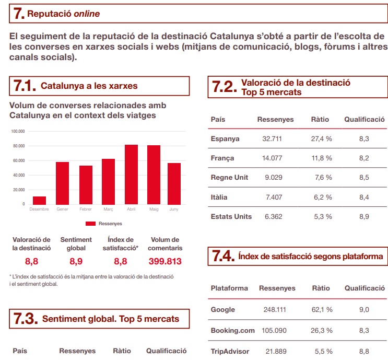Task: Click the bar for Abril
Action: [131, 174]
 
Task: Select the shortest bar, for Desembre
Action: [39, 200]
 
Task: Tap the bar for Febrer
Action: [86, 184]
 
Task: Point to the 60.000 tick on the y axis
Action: [18, 160]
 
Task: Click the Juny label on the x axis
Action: [174, 209]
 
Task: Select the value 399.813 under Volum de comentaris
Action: [164, 261]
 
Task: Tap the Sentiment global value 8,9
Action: [76, 261]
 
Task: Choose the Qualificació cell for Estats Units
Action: [364, 216]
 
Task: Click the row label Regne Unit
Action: [229, 177]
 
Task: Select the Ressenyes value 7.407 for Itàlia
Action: [273, 197]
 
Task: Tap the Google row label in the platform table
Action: [223, 309]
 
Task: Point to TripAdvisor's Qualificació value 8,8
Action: [364, 351]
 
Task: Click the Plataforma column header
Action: [229, 288]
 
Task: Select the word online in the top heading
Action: [86, 14]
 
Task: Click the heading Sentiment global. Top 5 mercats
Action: [110, 319]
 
